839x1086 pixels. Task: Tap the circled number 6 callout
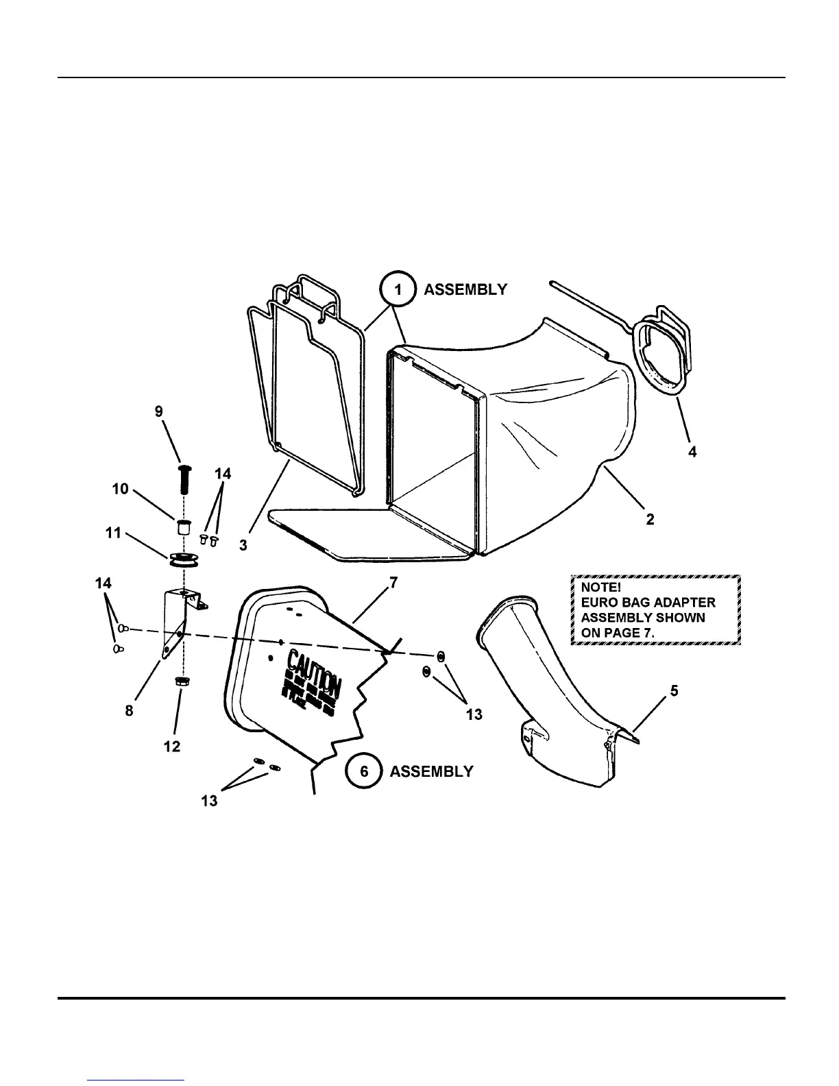(x=364, y=771)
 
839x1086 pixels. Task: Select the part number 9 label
(x=159, y=411)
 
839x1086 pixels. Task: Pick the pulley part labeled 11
(x=181, y=559)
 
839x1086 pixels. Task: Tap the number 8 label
(x=130, y=711)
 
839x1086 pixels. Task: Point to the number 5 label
(x=674, y=690)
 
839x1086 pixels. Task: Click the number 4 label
(x=692, y=452)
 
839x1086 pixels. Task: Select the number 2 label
(x=650, y=520)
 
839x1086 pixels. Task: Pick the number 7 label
(x=393, y=583)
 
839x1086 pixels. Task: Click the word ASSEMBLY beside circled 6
(x=431, y=771)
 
